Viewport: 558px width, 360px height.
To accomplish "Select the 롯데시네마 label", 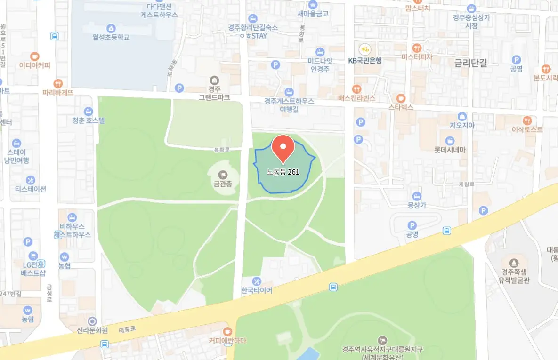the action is pos(450,150).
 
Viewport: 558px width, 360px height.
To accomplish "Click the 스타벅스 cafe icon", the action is pos(401,98).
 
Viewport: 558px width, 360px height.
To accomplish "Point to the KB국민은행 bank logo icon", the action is pos(364,49).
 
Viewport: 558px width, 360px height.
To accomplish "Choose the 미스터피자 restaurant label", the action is pos(417,57).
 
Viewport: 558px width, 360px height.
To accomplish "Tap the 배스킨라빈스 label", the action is pos(356,98).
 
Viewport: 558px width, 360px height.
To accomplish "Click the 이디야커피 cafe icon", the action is pos(34,56).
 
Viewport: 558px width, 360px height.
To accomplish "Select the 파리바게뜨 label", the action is pos(58,92).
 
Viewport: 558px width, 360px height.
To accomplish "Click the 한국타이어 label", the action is pos(257,290).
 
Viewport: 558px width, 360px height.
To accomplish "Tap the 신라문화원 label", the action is pos(92,330).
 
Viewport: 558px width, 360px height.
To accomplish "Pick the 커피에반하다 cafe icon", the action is pos(227,331).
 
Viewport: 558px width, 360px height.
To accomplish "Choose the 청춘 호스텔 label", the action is pos(89,120).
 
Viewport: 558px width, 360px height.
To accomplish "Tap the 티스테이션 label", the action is pos(31,189).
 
